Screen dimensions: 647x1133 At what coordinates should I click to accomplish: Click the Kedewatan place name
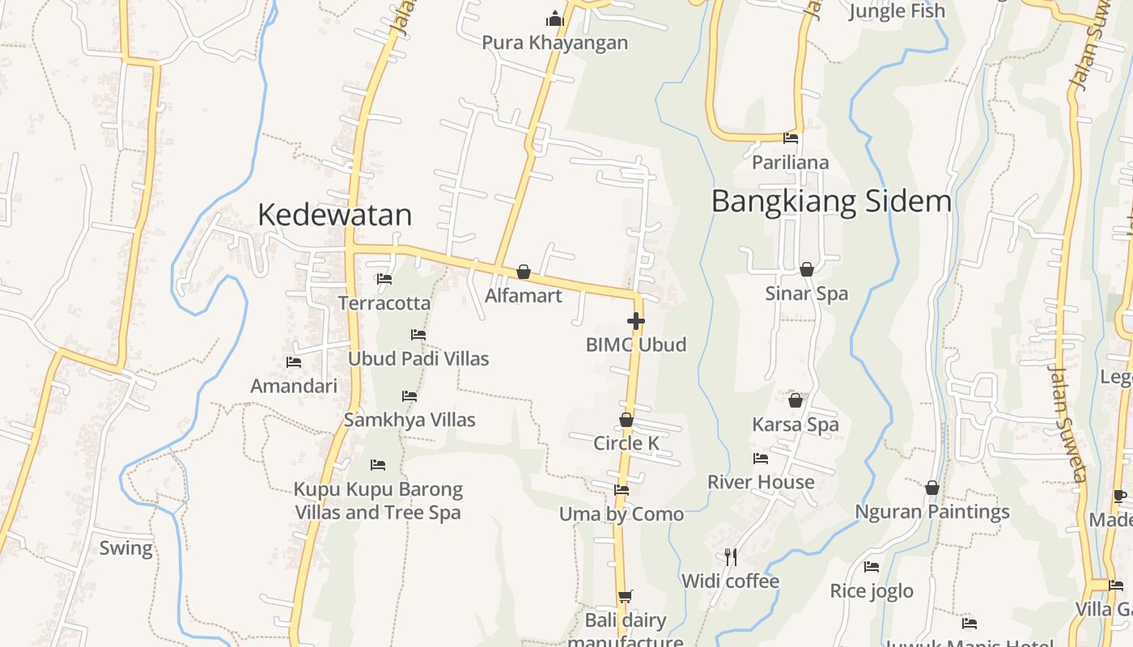coord(334,214)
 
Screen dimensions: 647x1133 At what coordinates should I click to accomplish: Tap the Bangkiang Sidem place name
coord(831,201)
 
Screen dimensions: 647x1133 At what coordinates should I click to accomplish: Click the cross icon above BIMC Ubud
coord(636,321)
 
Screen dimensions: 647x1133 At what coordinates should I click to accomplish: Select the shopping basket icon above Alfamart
coord(524,272)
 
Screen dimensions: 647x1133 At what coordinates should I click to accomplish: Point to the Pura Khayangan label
coord(554,42)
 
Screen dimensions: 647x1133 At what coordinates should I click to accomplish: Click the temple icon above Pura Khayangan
coord(554,18)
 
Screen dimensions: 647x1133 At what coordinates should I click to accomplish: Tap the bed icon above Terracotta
coord(384,279)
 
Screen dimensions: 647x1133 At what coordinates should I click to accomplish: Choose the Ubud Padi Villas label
coord(418,358)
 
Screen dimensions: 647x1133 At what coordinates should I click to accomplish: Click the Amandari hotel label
coord(294,386)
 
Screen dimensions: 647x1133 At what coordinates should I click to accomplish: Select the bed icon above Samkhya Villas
coord(409,396)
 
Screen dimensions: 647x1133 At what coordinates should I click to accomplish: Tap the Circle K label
coord(626,443)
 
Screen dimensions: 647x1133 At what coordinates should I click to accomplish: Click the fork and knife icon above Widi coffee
coord(731,556)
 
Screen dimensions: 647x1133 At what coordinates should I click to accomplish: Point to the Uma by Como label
coord(622,514)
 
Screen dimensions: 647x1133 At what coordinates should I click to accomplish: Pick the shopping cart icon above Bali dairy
coord(625,597)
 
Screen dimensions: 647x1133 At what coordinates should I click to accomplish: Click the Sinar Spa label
coord(807,293)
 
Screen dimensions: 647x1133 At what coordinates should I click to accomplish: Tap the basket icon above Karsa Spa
coord(796,400)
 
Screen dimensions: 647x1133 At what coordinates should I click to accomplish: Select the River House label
coord(761,482)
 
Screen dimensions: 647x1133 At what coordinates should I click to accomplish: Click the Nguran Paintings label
coord(932,512)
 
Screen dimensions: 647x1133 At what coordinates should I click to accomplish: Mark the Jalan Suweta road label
coord(1067,423)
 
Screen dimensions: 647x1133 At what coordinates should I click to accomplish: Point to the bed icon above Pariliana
coord(791,138)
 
